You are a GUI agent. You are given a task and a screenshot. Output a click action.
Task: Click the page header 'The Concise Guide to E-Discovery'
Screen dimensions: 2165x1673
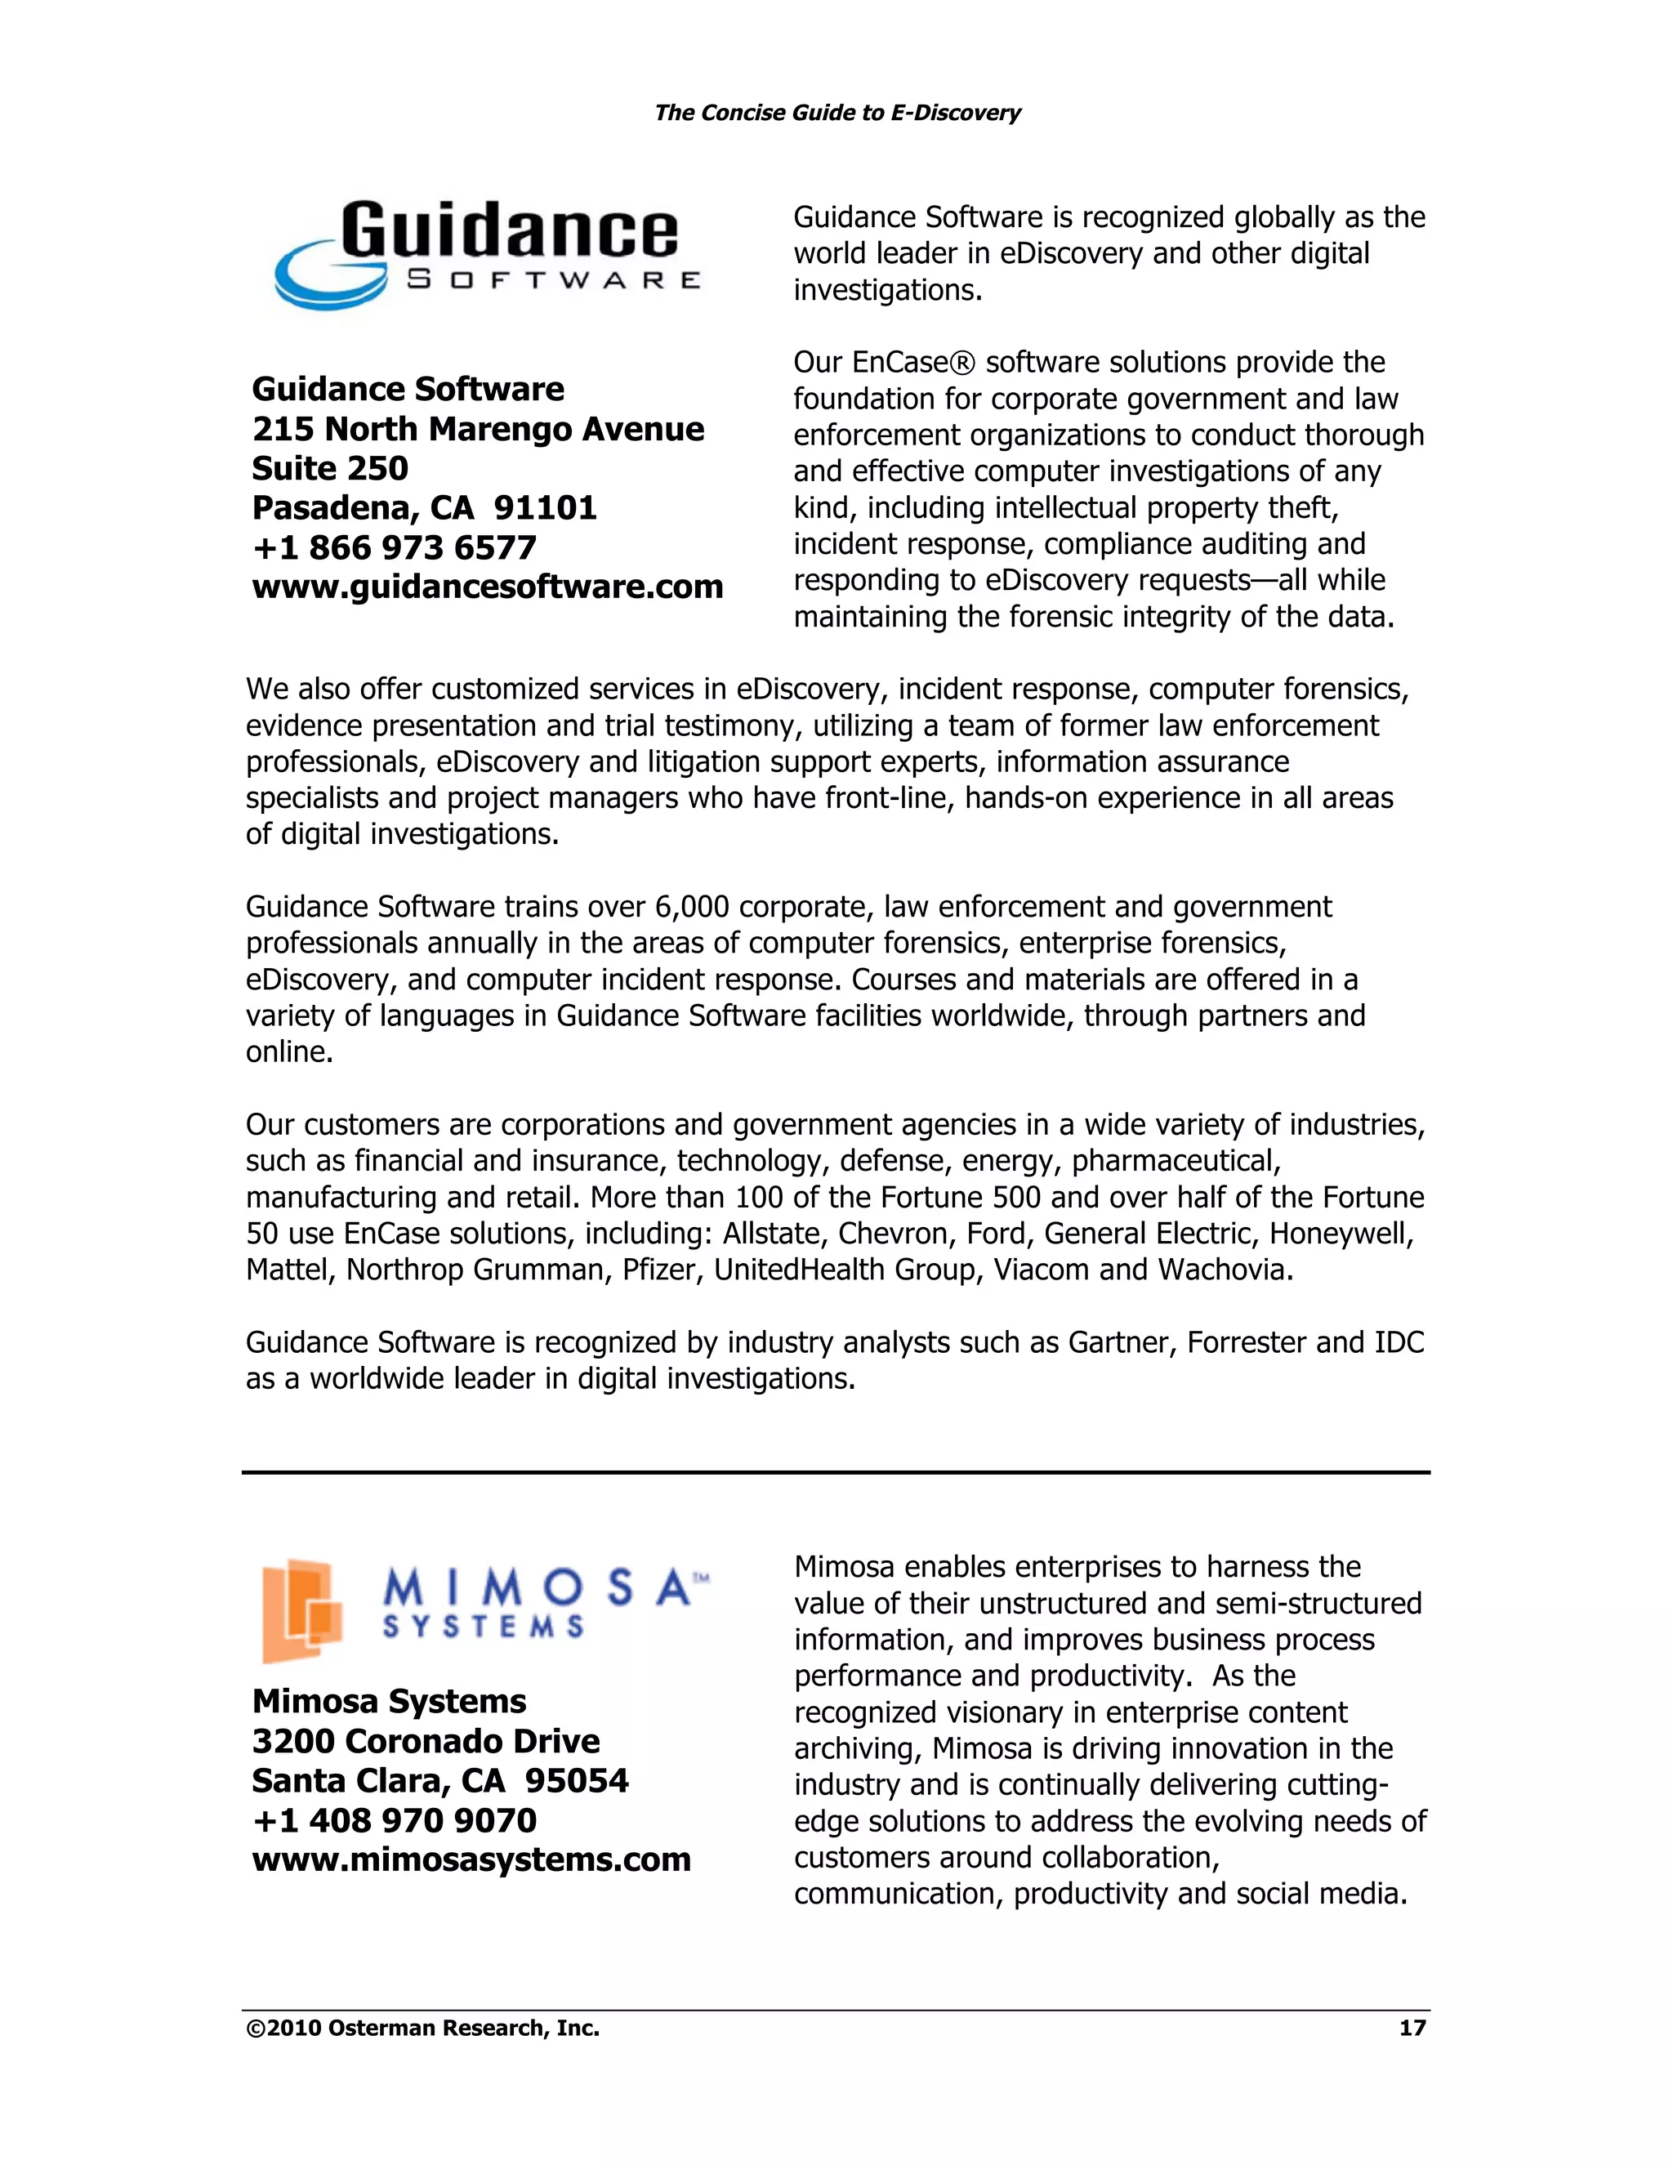(836, 113)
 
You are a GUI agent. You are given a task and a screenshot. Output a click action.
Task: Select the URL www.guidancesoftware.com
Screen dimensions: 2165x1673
(488, 587)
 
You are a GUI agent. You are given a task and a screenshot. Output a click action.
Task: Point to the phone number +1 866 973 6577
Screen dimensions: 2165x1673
(395, 547)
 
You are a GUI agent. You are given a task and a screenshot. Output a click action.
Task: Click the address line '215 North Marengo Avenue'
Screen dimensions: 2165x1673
(478, 428)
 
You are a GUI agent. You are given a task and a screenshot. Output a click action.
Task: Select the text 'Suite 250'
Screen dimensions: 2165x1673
(330, 468)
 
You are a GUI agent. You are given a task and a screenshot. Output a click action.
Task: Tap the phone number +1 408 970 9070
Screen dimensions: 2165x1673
(395, 1820)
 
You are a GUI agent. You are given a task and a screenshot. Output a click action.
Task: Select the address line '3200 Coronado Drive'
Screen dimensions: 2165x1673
(426, 1741)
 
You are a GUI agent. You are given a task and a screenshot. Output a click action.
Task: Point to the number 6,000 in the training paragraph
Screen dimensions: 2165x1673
(691, 907)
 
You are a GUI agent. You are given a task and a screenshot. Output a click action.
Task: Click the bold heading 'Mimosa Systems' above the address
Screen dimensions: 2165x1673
(389, 1701)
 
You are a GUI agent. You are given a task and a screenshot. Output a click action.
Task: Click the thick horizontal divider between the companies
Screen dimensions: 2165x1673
(836, 1473)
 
